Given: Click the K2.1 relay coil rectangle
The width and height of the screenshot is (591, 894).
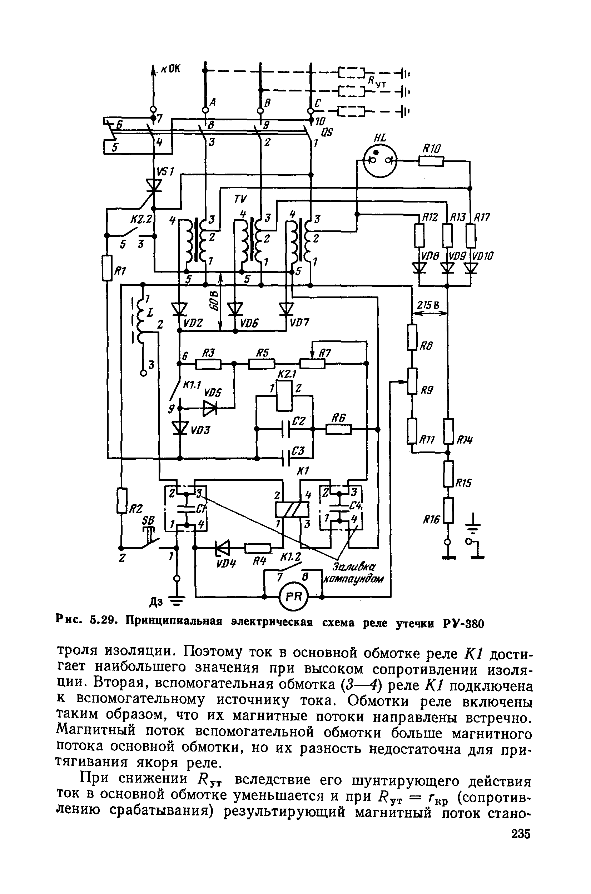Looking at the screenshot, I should [x=284, y=396].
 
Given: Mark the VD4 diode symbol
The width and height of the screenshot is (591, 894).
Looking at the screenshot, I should [x=222, y=548].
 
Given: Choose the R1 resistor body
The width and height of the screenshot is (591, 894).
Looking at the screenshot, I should [x=108, y=268].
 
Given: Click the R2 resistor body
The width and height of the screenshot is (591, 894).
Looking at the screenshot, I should [x=121, y=500].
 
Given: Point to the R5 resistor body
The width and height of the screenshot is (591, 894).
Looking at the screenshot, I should [x=261, y=364].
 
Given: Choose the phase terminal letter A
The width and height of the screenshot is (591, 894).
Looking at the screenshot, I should [x=213, y=102].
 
